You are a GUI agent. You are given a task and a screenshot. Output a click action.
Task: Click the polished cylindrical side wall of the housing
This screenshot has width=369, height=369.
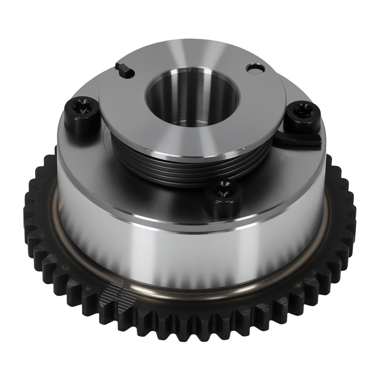[x=184, y=258]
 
